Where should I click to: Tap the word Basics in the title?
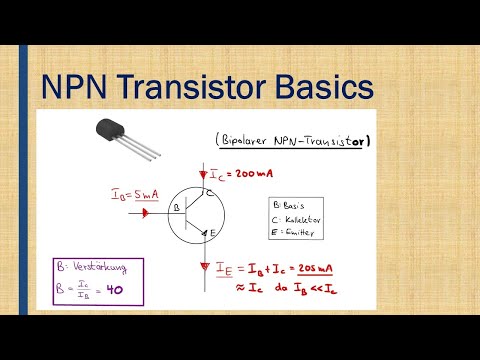[325, 90]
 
